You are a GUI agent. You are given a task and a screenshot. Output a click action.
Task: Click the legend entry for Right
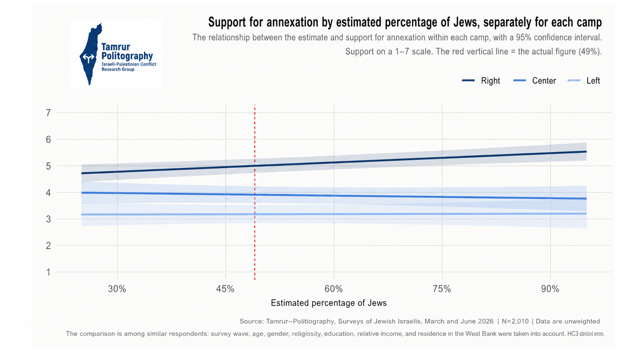481,81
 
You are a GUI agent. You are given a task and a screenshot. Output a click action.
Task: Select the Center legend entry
535,81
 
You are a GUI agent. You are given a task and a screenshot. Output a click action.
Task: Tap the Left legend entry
584,81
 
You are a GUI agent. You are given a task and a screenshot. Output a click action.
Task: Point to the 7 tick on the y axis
48,113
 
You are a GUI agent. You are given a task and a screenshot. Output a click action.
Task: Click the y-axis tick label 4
48,193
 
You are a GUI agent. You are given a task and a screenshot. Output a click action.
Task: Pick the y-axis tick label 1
48,272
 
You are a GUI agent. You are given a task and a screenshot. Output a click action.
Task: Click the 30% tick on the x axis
117,289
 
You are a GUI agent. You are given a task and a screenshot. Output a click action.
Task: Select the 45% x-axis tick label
225,289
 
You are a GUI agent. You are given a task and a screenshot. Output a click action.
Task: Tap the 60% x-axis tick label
334,289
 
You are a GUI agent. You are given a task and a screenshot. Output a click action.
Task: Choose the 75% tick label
442,289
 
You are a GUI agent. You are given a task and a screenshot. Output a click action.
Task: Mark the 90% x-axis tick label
550,289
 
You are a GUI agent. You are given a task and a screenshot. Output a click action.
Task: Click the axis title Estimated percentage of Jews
328,303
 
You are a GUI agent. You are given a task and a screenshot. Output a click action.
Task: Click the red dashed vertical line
255,192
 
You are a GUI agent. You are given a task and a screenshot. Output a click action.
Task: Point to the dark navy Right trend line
334,163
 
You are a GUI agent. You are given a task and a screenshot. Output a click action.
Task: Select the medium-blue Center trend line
334,195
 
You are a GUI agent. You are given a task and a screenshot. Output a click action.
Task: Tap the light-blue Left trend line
334,214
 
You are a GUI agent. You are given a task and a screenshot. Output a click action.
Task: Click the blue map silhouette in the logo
91,54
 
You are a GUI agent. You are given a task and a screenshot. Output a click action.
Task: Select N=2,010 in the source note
515,321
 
